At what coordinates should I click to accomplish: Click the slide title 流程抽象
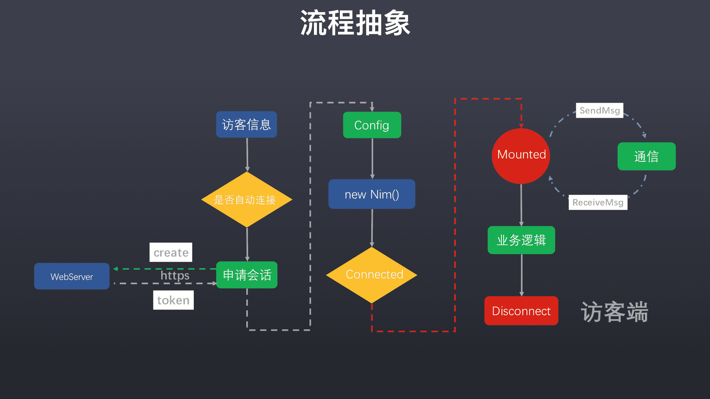[355, 23]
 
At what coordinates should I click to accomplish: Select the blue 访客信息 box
[246, 125]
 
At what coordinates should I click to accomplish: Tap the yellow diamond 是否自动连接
[247, 199]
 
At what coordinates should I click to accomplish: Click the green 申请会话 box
[247, 275]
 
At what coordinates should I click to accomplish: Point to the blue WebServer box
[72, 276]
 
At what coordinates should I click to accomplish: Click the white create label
[171, 252]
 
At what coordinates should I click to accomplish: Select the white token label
[173, 300]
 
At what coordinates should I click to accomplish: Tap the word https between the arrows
[175, 276]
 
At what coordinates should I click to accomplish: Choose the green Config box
[372, 125]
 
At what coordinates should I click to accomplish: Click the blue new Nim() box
[372, 194]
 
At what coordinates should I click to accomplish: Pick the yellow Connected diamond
[372, 275]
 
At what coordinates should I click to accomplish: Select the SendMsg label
[599, 110]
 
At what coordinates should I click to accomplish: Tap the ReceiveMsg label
[598, 202]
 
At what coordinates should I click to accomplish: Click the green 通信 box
[646, 157]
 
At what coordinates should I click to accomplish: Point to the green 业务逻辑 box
[521, 240]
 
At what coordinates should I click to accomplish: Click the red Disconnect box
[521, 311]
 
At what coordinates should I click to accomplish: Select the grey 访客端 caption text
[614, 312]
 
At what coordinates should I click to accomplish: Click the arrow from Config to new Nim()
[372, 159]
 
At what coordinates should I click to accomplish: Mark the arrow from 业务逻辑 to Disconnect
[522, 275]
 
